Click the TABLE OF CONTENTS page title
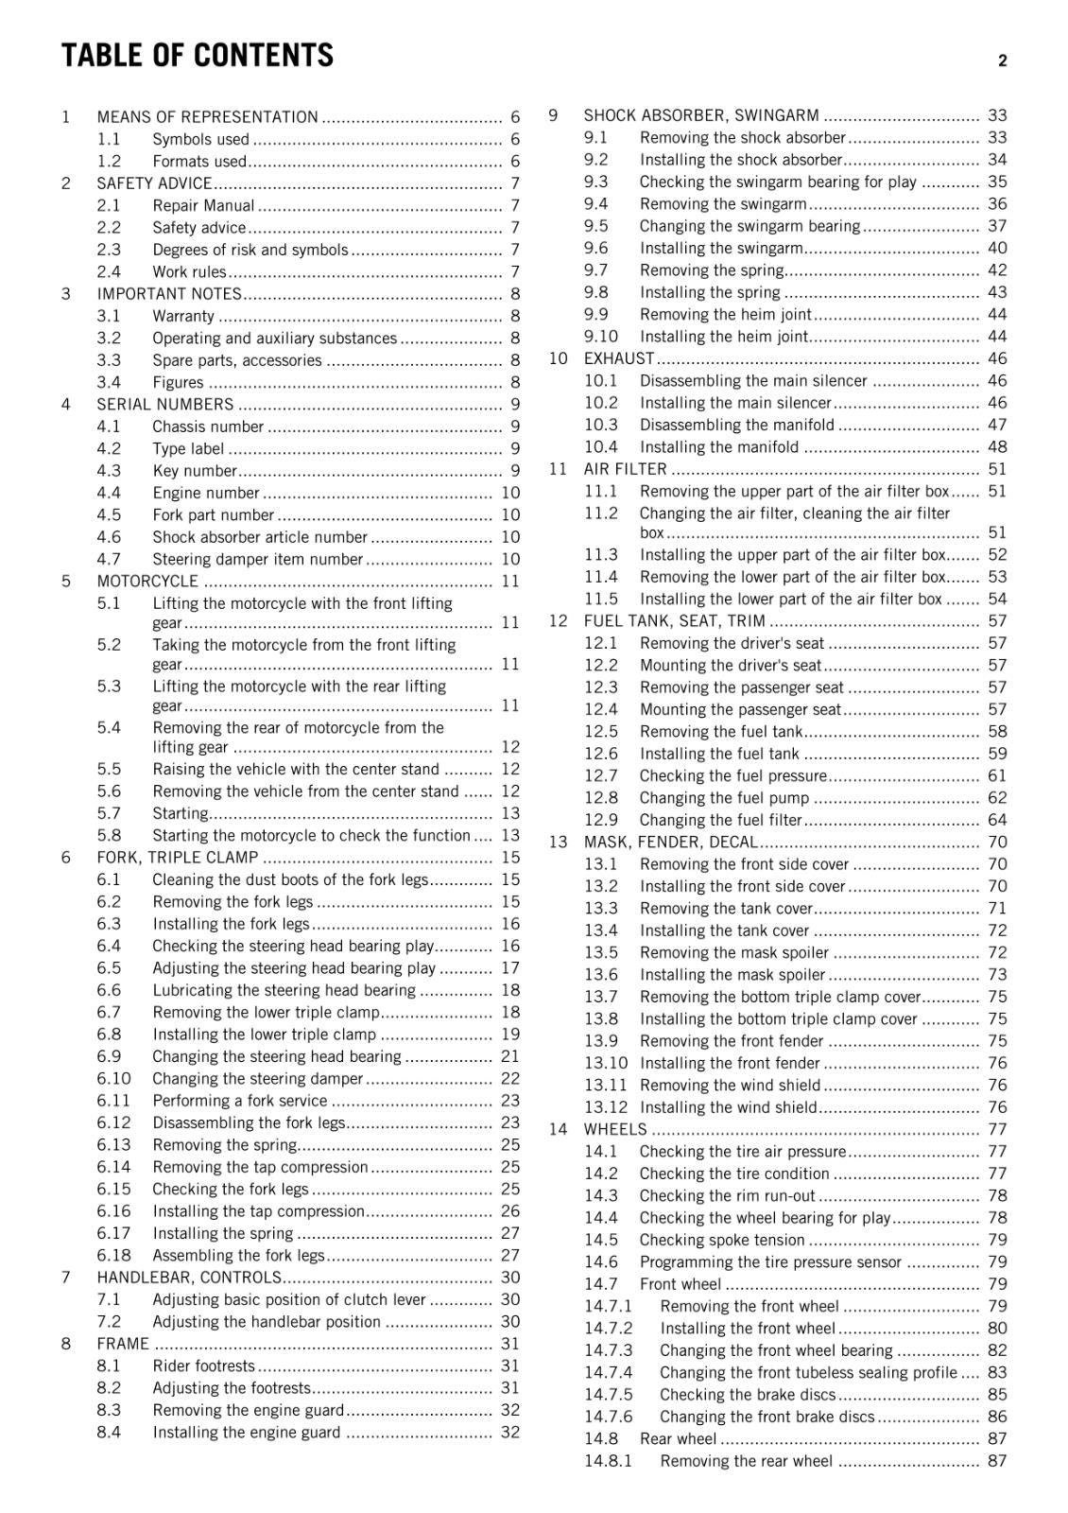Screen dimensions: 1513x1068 point(198,56)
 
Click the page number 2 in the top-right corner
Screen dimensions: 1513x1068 point(1002,61)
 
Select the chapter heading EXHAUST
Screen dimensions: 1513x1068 point(619,358)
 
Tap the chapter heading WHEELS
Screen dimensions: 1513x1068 point(615,1129)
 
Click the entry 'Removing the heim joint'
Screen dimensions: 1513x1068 point(726,314)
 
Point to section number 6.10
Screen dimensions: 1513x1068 point(113,1078)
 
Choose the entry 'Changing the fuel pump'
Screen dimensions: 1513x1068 point(724,797)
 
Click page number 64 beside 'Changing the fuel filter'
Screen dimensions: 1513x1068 point(997,820)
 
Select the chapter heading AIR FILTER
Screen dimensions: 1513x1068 point(625,469)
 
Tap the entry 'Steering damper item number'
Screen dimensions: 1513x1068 point(257,559)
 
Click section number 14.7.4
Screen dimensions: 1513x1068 point(608,1372)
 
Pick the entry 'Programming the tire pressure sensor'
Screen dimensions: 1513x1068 point(770,1261)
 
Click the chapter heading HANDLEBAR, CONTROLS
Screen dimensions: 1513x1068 point(189,1278)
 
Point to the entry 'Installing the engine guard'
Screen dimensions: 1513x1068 point(246,1432)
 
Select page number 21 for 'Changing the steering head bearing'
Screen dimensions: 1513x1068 point(510,1056)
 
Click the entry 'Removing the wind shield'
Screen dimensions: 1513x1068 point(730,1085)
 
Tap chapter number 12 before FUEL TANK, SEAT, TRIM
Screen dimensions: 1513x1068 point(558,620)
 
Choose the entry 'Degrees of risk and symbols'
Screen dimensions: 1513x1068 point(250,250)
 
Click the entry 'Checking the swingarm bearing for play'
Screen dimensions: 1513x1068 point(778,182)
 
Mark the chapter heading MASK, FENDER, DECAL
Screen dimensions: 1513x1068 point(670,842)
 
